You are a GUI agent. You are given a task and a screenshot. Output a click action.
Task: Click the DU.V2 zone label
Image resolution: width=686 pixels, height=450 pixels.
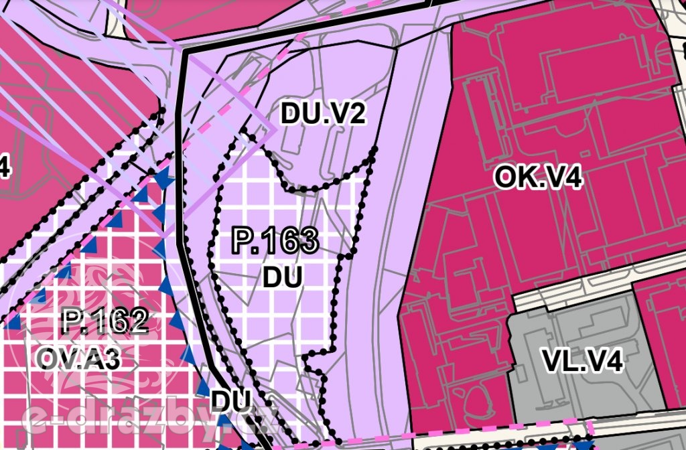(324, 114)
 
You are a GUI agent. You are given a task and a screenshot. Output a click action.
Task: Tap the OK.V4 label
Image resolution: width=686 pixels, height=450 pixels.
(538, 177)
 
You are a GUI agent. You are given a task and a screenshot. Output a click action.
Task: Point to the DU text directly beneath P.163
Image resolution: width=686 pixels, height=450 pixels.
(282, 277)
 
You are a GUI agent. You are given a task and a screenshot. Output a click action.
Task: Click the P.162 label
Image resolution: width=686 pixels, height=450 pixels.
(104, 321)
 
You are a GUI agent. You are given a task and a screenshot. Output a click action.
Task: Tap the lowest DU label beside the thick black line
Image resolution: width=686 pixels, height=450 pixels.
(230, 400)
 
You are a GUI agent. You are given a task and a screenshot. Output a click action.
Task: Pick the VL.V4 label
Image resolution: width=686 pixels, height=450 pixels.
(582, 362)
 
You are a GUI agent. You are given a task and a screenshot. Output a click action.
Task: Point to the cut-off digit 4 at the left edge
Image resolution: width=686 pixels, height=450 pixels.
(4, 167)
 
